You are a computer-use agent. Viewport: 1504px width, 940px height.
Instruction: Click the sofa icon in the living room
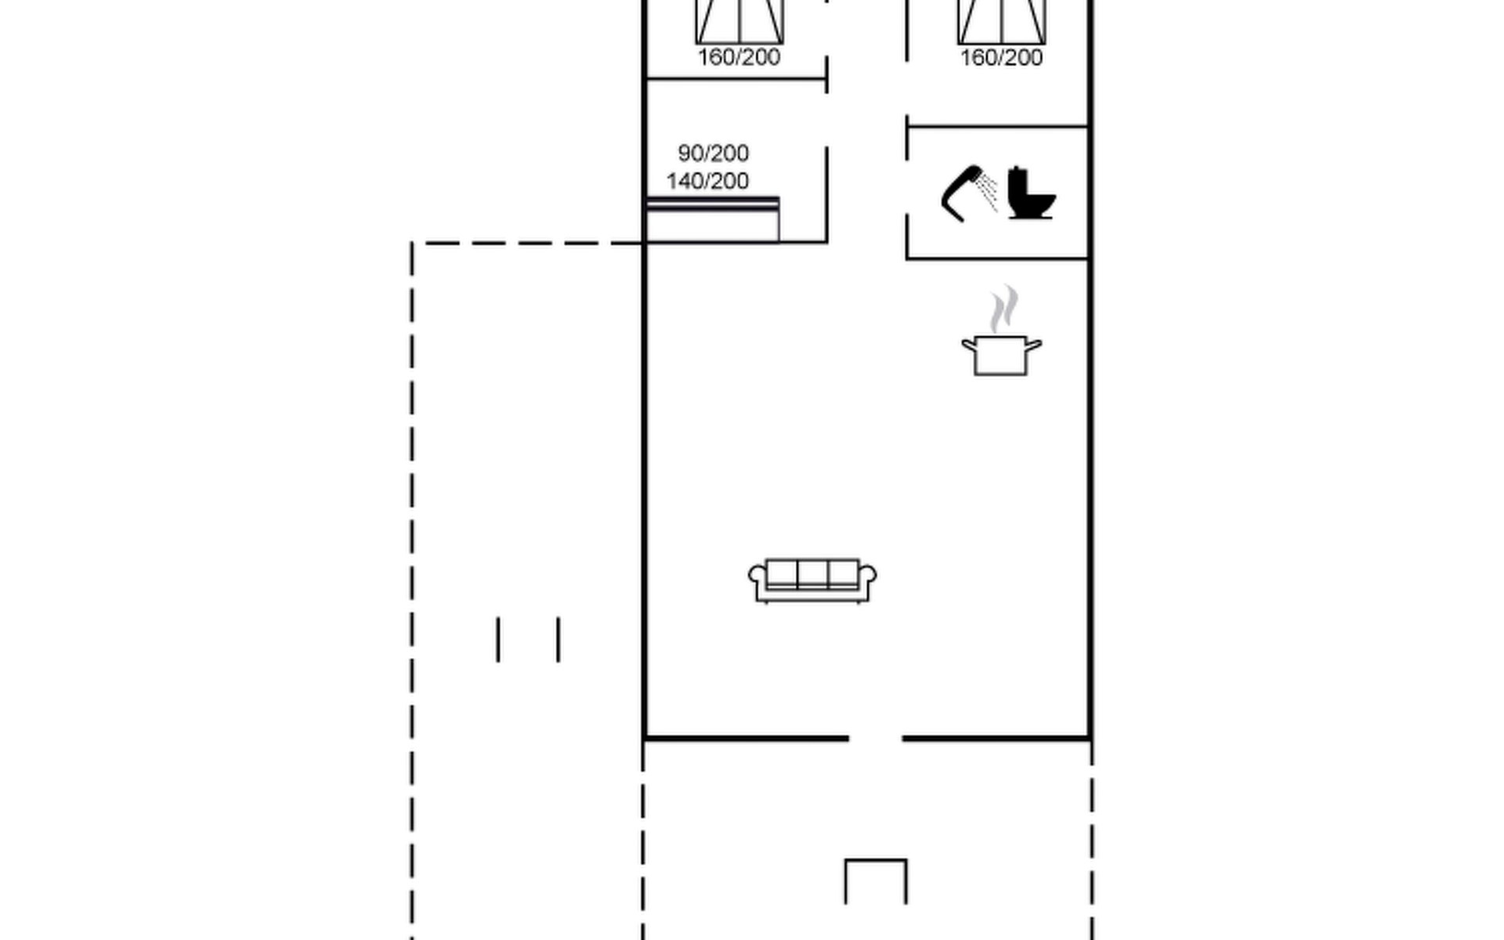812,580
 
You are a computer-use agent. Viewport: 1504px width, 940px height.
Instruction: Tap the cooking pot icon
1002,355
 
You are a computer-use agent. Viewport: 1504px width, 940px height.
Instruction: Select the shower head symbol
960,193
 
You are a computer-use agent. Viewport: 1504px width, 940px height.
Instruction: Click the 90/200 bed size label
713,153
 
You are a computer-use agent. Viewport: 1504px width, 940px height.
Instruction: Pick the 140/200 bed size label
707,181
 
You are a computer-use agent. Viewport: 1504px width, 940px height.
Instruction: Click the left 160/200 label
739,57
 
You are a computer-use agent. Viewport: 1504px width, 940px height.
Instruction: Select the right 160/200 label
1001,57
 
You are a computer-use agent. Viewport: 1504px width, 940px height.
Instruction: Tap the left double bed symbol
739,21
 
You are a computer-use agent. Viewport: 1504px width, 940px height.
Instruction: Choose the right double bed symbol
1002,21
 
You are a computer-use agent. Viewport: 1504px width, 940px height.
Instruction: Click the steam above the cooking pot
1004,309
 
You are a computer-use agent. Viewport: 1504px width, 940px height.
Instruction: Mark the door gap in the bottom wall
875,738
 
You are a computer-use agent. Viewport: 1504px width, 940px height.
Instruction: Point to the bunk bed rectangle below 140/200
712,220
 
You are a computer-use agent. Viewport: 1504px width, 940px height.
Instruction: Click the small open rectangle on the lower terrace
876,859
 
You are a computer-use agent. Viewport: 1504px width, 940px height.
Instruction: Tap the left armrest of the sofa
757,578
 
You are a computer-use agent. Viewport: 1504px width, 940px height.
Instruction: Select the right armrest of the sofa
867,578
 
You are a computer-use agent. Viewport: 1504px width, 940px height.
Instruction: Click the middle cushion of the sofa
812,573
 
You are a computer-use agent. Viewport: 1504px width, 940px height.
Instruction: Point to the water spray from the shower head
988,192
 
